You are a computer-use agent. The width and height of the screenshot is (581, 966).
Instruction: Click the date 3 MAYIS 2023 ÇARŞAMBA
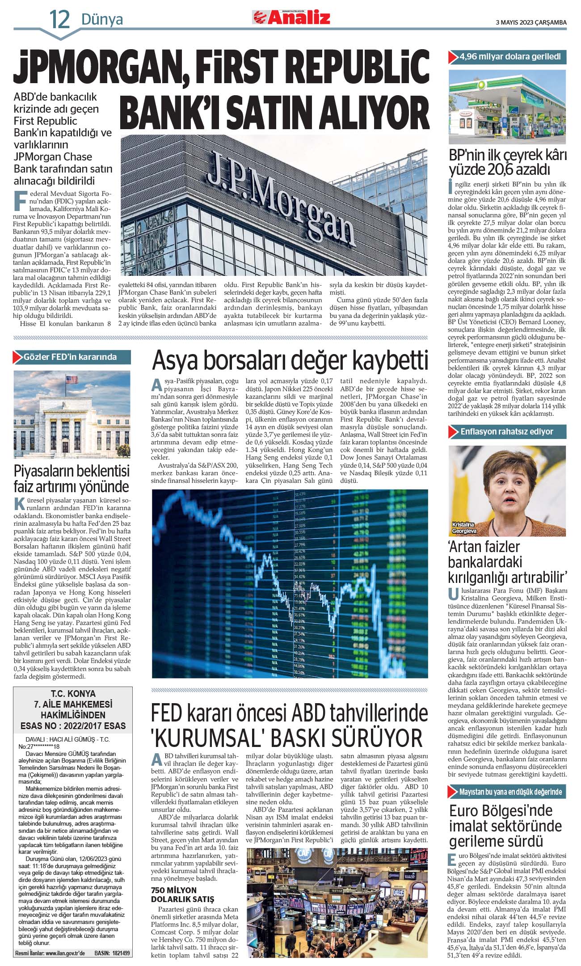531,22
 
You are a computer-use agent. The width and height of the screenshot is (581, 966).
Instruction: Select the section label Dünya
102,20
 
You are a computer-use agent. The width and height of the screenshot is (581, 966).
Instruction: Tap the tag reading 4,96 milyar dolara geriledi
509,57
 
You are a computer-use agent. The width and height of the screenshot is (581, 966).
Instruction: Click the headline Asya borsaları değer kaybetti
290,361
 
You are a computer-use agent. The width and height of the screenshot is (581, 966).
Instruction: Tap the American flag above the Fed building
72,380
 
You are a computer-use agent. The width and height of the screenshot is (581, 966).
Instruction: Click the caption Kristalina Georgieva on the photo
464,528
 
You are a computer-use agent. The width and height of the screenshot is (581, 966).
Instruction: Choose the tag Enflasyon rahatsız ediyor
507,432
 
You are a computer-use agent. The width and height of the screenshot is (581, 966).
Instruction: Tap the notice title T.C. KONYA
73,694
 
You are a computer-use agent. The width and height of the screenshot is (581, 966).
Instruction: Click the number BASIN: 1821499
112,953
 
